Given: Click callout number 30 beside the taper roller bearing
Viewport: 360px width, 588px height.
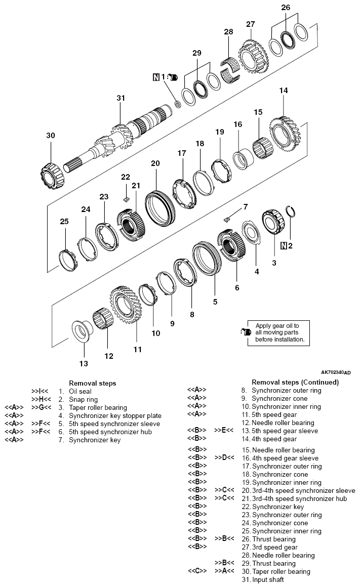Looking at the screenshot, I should [50, 136].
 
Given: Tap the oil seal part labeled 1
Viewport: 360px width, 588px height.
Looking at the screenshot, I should [178, 104].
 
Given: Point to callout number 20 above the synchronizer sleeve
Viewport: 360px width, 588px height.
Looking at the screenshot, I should [155, 163].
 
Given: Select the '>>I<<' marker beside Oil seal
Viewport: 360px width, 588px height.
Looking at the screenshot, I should [39, 391].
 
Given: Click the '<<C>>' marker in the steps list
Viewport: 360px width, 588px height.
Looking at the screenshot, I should [197, 572].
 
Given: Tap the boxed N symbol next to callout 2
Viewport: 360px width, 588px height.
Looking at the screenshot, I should [284, 246].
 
